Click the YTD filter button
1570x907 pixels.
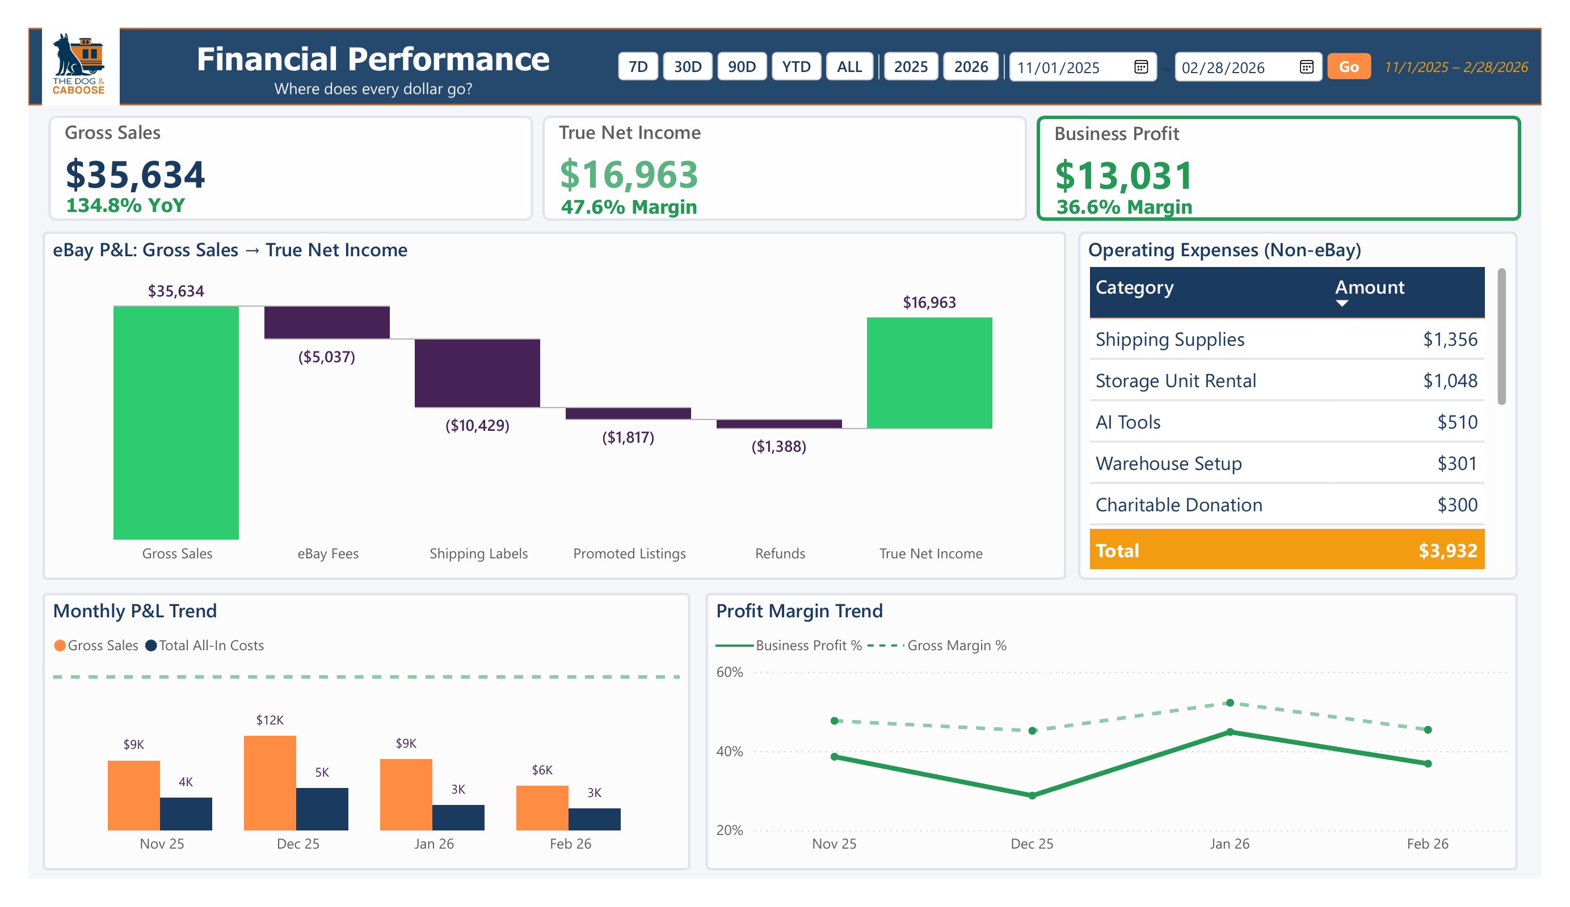(795, 67)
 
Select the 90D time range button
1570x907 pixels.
(742, 67)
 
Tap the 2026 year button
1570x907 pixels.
(971, 67)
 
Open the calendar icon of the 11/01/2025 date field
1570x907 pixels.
(1140, 67)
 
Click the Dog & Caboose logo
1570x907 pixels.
(79, 65)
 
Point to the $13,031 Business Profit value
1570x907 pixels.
(1123, 176)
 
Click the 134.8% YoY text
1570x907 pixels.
(125, 205)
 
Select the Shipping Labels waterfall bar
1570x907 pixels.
(477, 373)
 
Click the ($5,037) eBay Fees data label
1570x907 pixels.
(326, 357)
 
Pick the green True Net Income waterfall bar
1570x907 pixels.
(929, 373)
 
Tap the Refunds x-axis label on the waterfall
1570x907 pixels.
(780, 553)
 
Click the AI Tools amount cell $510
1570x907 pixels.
(1457, 422)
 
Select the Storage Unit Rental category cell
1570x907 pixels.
(1175, 380)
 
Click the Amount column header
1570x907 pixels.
(1369, 287)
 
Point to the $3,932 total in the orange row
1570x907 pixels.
(1447, 550)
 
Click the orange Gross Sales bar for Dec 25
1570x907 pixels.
(270, 782)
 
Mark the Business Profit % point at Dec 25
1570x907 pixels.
(1032, 795)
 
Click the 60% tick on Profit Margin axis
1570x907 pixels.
(729, 672)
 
